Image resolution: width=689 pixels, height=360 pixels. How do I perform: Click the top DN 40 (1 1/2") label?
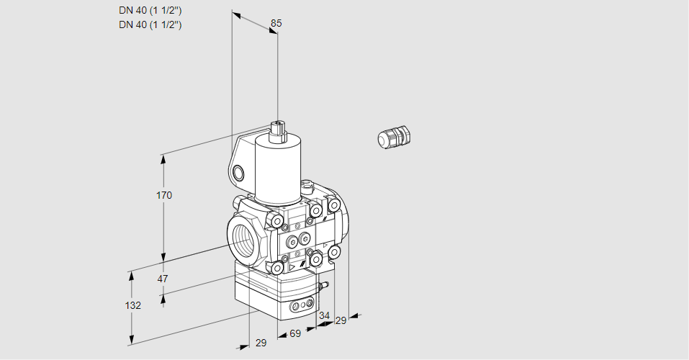click(x=150, y=11)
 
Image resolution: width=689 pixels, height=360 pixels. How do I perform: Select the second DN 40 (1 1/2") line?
click(x=150, y=24)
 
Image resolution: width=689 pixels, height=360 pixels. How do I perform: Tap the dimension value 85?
click(x=276, y=23)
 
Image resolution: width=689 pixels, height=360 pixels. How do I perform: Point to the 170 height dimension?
click(x=164, y=195)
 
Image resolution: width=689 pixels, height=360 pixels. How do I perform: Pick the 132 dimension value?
click(x=132, y=305)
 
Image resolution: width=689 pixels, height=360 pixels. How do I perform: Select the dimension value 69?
click(x=294, y=333)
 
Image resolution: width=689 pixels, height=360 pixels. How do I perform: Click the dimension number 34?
click(x=324, y=315)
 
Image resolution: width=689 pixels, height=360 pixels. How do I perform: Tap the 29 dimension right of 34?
click(x=341, y=320)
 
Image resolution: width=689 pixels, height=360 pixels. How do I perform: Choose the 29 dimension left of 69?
click(x=261, y=343)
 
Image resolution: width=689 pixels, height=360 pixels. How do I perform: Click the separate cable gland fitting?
click(x=394, y=137)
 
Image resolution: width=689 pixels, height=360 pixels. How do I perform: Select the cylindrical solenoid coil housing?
click(x=276, y=169)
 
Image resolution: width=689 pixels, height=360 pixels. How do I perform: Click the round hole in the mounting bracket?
click(x=238, y=173)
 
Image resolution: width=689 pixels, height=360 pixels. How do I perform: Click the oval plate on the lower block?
click(x=302, y=306)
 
